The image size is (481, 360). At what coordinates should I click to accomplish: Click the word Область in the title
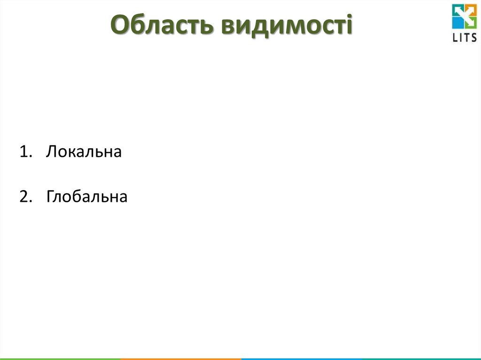(x=162, y=25)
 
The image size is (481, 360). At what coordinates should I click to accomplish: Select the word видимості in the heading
(x=286, y=25)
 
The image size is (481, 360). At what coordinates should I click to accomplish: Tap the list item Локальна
(x=84, y=152)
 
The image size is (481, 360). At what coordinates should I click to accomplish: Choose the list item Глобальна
(x=87, y=197)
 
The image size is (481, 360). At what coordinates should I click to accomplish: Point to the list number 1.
(x=24, y=152)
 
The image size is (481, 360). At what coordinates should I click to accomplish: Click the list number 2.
(x=24, y=197)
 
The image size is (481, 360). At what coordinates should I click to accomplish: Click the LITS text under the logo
(x=464, y=38)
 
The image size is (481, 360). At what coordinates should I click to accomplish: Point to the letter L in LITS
(x=455, y=38)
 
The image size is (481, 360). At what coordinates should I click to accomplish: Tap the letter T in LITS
(x=467, y=38)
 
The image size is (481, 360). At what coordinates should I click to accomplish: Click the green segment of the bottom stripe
(x=60, y=359)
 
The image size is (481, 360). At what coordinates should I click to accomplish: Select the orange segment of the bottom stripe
(x=181, y=359)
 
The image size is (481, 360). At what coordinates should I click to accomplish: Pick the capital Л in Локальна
(x=51, y=152)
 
